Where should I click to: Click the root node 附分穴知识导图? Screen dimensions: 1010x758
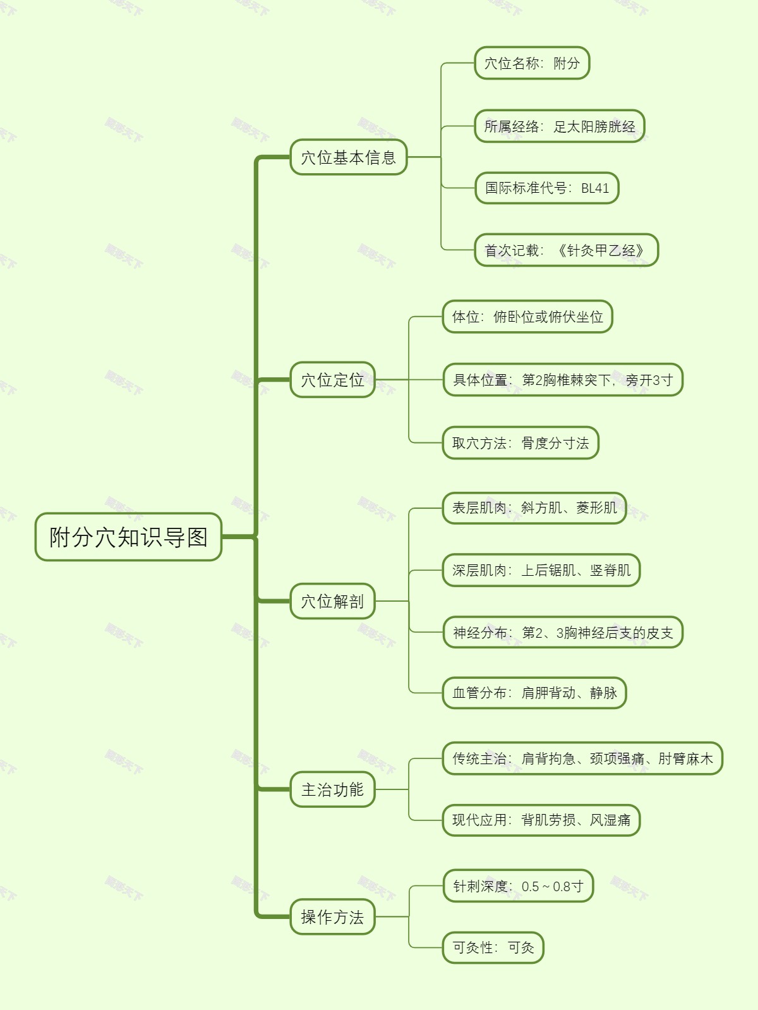coord(128,537)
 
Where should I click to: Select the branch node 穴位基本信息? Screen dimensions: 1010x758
coord(348,157)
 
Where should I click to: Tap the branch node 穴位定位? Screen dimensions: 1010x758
coord(332,380)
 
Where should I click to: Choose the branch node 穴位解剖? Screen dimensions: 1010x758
coord(332,601)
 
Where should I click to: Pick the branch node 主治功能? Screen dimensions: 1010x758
coord(332,789)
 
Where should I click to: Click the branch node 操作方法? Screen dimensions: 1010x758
coord(332,916)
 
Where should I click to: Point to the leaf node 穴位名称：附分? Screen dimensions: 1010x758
coord(532,63)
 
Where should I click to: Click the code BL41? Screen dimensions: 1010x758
coord(594,188)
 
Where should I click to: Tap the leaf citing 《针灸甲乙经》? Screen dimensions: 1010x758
coord(600,250)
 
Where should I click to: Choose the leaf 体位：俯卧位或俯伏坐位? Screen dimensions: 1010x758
coord(527,317)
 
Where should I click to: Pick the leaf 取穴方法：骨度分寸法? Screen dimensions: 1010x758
coord(520,443)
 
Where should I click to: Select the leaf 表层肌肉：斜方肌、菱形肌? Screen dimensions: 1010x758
coord(534,508)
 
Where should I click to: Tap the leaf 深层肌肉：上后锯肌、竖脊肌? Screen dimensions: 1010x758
coord(541,570)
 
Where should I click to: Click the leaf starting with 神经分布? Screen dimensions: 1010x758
coord(563,633)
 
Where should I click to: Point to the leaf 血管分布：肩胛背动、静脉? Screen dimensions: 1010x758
coord(534,693)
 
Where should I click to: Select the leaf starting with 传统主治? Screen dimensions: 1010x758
coord(582,758)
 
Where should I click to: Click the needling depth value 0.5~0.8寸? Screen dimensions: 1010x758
coord(552,886)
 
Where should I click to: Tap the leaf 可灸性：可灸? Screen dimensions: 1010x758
coord(493,947)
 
